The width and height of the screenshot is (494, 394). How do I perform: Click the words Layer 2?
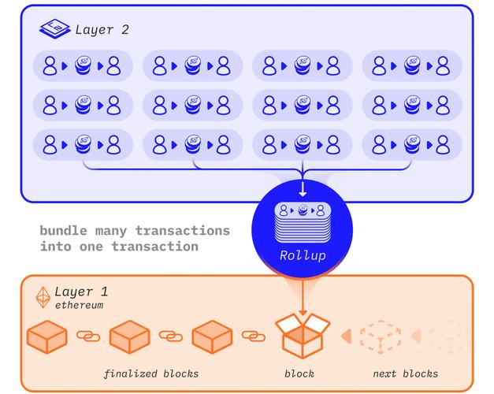coord(102,31)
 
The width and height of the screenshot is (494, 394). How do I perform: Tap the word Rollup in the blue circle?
coord(303,256)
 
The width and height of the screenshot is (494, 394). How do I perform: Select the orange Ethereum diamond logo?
coord(44,296)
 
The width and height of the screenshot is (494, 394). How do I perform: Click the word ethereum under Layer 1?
coord(79,305)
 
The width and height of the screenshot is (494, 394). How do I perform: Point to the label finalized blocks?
coord(150,373)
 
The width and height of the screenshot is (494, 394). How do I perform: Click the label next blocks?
coord(406,373)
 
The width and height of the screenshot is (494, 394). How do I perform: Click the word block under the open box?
coord(299,373)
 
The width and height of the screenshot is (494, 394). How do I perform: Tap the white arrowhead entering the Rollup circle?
coord(303,191)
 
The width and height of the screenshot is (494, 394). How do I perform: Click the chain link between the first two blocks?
coord(88,336)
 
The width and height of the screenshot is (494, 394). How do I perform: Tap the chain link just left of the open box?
coord(253,336)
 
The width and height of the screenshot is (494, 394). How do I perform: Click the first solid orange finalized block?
coord(47,337)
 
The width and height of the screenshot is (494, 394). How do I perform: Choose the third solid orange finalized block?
coord(212,337)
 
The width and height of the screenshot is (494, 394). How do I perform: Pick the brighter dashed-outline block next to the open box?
coord(381,337)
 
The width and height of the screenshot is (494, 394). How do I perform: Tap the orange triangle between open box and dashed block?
coord(345,337)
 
